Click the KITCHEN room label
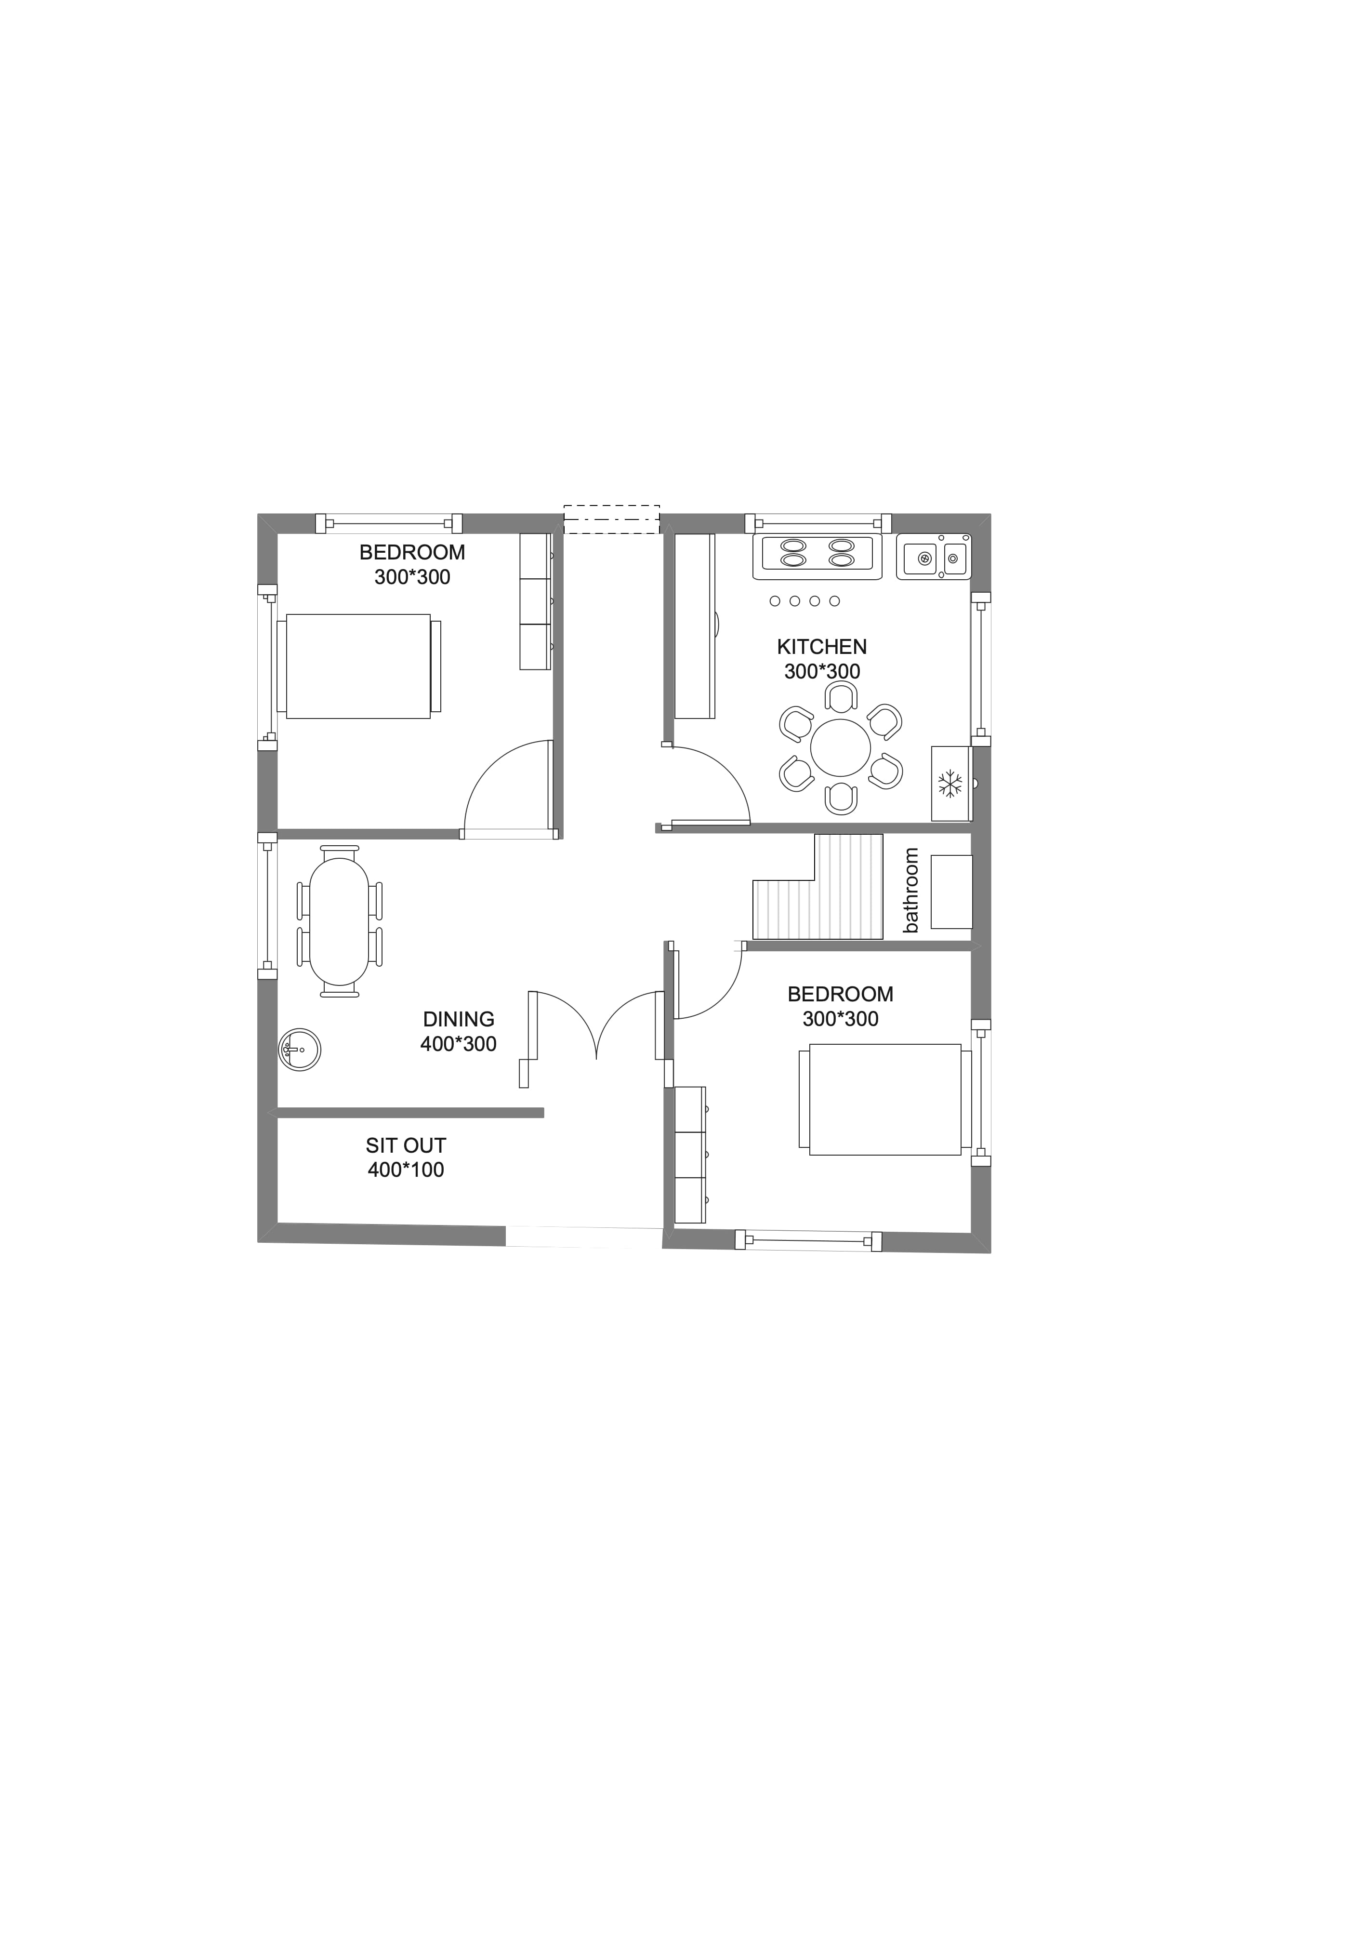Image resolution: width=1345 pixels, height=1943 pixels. pyautogui.click(x=822, y=647)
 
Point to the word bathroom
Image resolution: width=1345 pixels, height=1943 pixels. pyautogui.click(x=910, y=890)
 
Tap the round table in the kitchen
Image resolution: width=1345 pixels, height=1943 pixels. pyautogui.click(x=840, y=748)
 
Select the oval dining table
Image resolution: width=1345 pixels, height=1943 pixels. pyautogui.click(x=340, y=921)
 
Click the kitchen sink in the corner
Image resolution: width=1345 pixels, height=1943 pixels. pyautogui.click(x=934, y=556)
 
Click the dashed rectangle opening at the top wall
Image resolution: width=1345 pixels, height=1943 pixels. pyautogui.click(x=611, y=519)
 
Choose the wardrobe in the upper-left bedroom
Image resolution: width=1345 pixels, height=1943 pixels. pyautogui.click(x=535, y=601)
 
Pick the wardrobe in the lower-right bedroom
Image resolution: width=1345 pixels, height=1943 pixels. pyautogui.click(x=690, y=1155)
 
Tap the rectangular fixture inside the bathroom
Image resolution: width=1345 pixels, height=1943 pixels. pyautogui.click(x=951, y=892)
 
